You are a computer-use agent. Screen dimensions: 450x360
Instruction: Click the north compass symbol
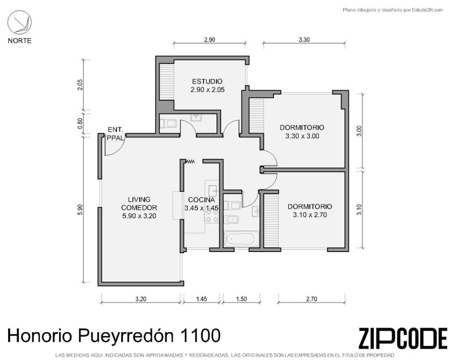click(x=19, y=22)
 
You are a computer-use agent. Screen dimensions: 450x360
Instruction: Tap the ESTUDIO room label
click(x=207, y=81)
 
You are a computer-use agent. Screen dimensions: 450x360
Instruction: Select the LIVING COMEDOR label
click(x=139, y=203)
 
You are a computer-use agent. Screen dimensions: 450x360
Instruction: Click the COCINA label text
click(x=201, y=200)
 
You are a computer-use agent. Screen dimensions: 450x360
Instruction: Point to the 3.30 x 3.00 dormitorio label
click(x=302, y=132)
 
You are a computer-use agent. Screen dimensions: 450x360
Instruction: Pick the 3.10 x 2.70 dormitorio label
click(x=310, y=211)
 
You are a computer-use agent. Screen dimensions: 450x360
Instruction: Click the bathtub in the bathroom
click(x=241, y=239)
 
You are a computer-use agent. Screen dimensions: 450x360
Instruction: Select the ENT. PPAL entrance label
click(x=115, y=133)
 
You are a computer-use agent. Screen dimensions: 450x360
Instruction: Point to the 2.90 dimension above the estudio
click(x=209, y=40)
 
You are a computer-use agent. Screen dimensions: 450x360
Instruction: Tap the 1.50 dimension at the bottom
click(x=241, y=299)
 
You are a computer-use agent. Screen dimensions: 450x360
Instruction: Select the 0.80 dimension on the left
click(x=80, y=124)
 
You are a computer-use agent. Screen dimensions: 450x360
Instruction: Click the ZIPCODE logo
click(x=403, y=337)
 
